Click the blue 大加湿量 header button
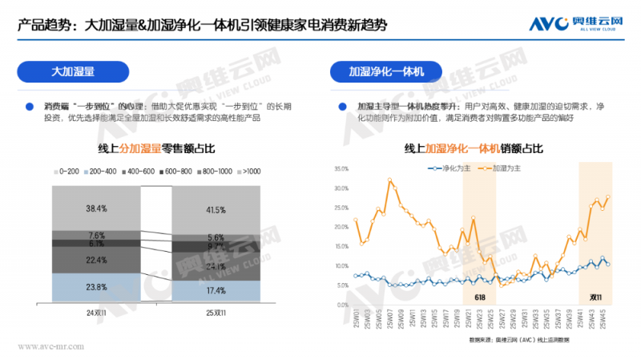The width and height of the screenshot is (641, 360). point(73,72)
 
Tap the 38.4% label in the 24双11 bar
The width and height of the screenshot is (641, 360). point(96,208)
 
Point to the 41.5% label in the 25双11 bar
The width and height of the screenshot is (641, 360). point(216,210)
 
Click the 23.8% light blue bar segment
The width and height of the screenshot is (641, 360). point(96,286)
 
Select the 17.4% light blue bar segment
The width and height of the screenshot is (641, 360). point(216,290)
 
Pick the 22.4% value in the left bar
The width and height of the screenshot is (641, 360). point(96,259)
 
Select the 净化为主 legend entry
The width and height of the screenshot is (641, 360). point(441,168)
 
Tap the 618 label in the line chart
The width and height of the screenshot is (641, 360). point(479,297)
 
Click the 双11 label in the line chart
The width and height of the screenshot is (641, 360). point(595,297)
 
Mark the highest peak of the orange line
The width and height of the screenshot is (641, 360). point(390,180)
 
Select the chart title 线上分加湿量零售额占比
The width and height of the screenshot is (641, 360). point(156,149)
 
